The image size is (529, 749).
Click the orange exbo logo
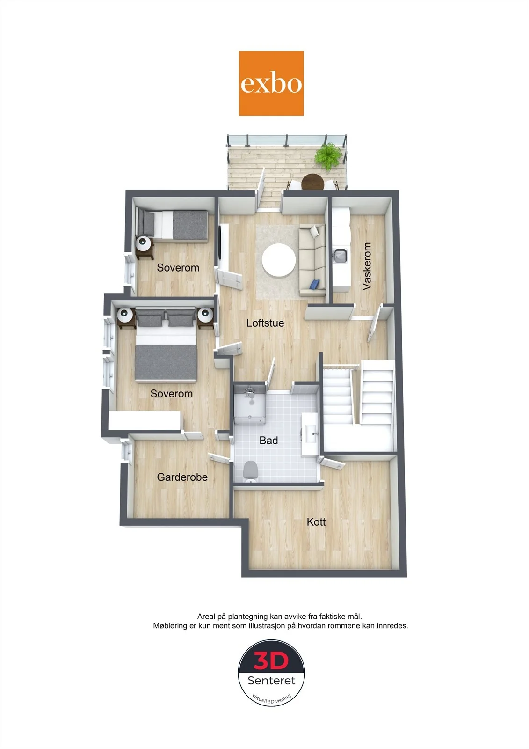(271, 83)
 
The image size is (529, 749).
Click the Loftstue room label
(265, 323)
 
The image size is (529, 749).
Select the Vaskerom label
(367, 266)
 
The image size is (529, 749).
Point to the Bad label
(268, 441)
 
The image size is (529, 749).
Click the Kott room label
(316, 521)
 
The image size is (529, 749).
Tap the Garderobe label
(182, 477)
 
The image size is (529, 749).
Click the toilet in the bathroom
(250, 471)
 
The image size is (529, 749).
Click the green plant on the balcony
(329, 156)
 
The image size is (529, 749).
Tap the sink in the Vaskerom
(340, 256)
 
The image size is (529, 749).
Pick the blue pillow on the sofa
(315, 284)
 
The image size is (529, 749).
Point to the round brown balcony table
(313, 182)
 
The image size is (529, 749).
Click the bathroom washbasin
(310, 434)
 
